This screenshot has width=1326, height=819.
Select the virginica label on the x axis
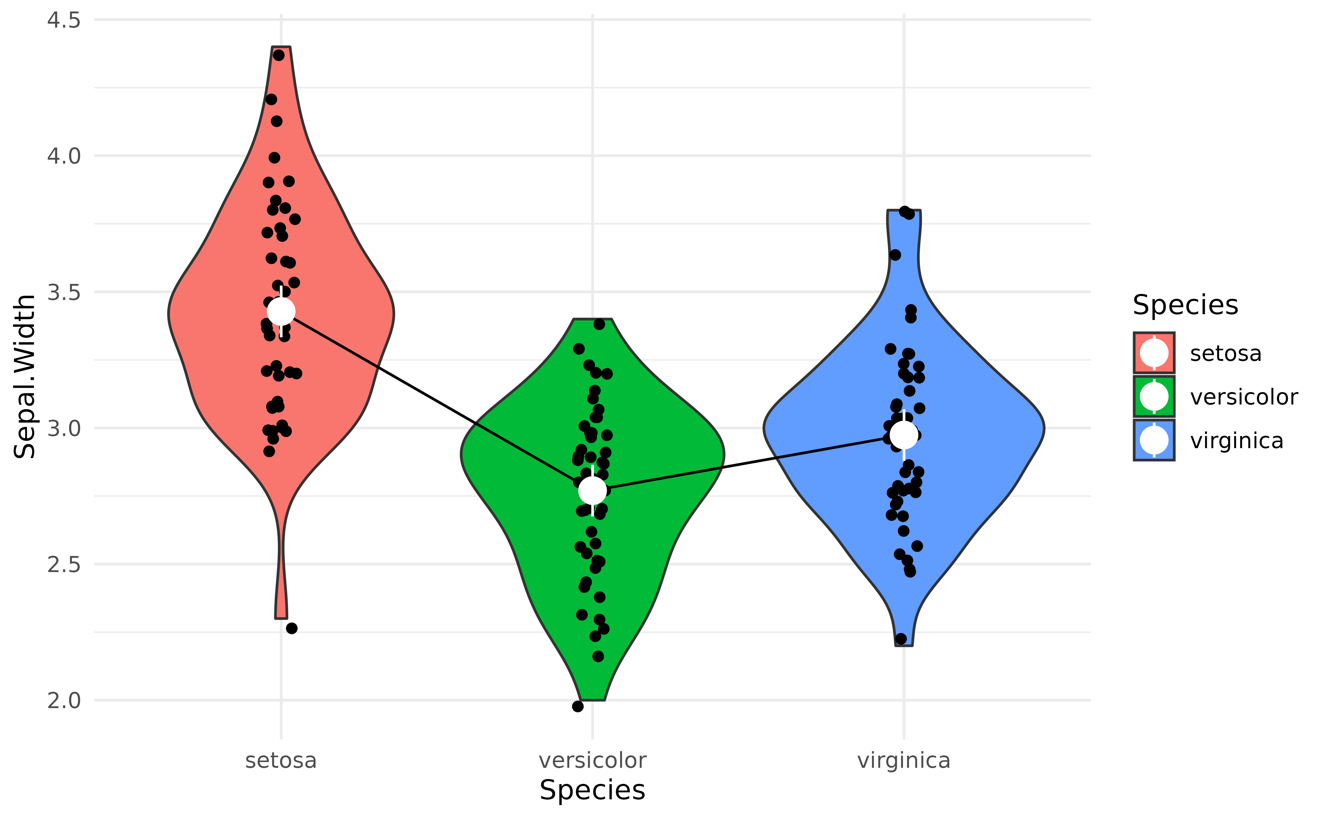(903, 761)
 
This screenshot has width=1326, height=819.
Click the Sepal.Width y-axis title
(24, 376)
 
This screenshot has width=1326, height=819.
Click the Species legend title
(1185, 305)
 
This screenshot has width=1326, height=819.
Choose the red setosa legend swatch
(1154, 353)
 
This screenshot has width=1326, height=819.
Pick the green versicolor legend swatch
(1154, 397)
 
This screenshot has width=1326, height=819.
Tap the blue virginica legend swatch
(1154, 440)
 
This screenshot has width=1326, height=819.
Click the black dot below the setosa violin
(291, 628)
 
